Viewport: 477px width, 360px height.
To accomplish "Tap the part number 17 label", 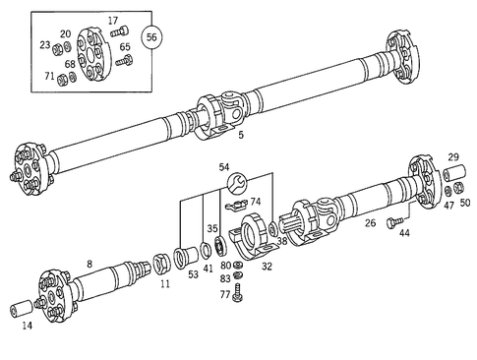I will coord(112,20).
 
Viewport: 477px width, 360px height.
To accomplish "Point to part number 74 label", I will coord(256,201).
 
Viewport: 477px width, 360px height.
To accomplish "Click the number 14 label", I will coord(26,326).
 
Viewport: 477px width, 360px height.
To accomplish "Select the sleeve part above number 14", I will coord(22,311).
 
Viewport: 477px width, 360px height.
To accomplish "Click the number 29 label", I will coord(453,157).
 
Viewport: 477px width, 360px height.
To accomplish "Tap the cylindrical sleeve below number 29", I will coord(454,174).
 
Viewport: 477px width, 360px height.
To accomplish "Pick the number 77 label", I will coord(225,294).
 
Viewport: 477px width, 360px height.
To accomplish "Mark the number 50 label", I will coord(465,202).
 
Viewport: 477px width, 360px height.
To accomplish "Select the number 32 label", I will coord(268,266).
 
